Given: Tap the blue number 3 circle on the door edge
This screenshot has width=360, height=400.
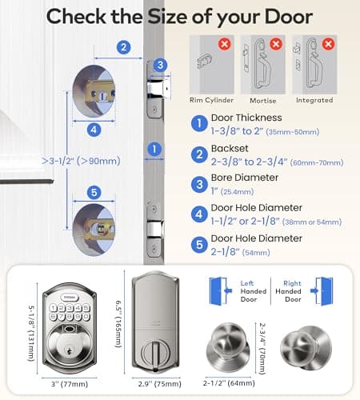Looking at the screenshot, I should click(159, 66).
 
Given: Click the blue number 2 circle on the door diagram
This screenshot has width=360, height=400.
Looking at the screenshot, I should click(122, 47).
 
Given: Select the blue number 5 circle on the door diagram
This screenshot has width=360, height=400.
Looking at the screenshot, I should click(94, 191).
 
